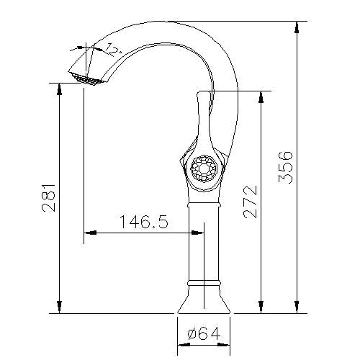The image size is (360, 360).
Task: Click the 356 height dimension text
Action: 286,167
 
